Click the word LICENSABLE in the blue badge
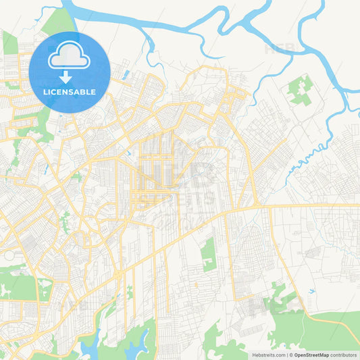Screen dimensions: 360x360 tap(70, 92)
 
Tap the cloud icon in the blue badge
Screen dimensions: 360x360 tap(70, 56)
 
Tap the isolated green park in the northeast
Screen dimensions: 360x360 tap(300, 90)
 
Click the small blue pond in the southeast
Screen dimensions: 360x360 tap(311, 291)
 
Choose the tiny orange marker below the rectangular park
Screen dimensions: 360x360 tap(197, 284)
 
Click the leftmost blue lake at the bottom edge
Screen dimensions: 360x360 tap(88, 346)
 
